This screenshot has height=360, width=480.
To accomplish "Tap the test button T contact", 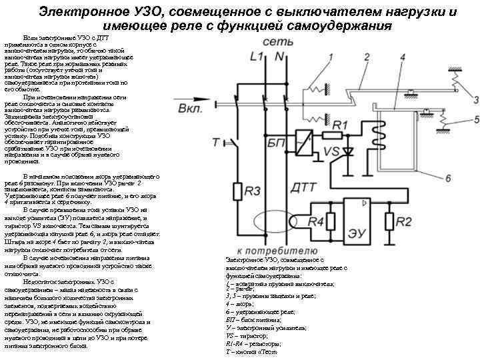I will click(x=233, y=143).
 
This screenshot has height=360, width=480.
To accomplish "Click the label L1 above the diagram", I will click(x=255, y=58).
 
